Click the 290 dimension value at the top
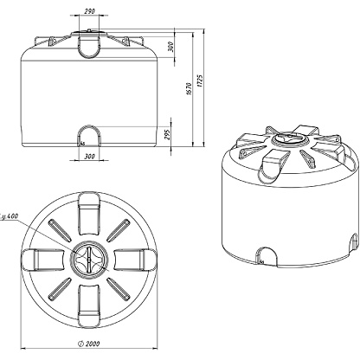click(x=89, y=11)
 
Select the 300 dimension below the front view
click(x=89, y=157)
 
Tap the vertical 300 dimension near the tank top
click(x=170, y=47)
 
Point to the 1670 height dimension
click(x=189, y=89)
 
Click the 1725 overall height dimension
click(x=200, y=81)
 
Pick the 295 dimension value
click(x=168, y=133)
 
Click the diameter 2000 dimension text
click(x=89, y=344)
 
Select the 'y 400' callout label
click(x=10, y=216)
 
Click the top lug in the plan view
click(x=89, y=213)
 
